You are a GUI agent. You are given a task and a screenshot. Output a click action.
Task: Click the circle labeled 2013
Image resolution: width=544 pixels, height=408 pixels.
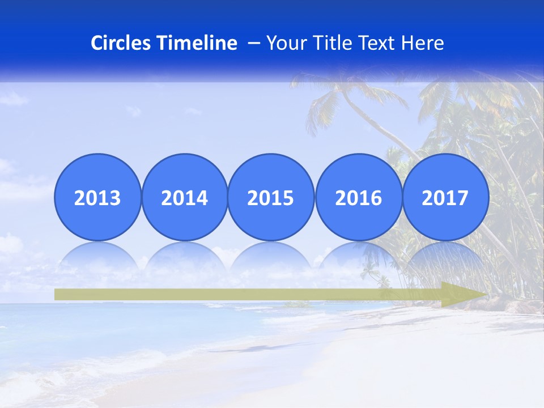(x=97, y=197)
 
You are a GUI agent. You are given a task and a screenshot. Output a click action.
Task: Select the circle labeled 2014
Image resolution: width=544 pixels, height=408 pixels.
(x=184, y=197)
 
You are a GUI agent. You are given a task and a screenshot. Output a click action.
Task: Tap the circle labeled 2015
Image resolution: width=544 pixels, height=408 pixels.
(x=271, y=197)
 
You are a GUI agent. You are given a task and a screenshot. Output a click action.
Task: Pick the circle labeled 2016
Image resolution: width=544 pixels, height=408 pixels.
(x=358, y=197)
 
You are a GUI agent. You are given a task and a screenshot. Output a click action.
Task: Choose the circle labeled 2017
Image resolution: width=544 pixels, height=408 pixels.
(x=445, y=197)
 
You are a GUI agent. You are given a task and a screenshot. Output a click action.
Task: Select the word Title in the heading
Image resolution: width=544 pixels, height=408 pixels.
(x=332, y=43)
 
